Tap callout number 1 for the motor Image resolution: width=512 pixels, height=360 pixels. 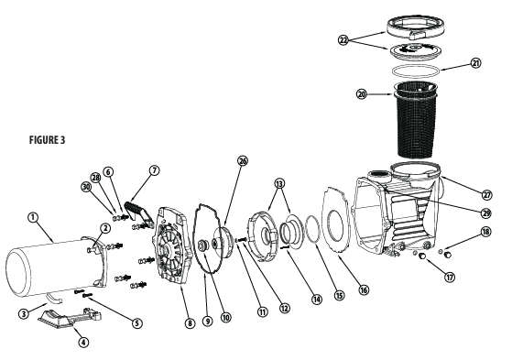click(x=34, y=217)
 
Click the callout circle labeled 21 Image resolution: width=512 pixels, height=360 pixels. click(x=474, y=63)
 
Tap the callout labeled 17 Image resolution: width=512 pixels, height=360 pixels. click(x=449, y=277)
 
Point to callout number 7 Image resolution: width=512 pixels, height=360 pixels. click(x=153, y=170)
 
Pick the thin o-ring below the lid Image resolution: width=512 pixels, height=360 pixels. click(x=418, y=70)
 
